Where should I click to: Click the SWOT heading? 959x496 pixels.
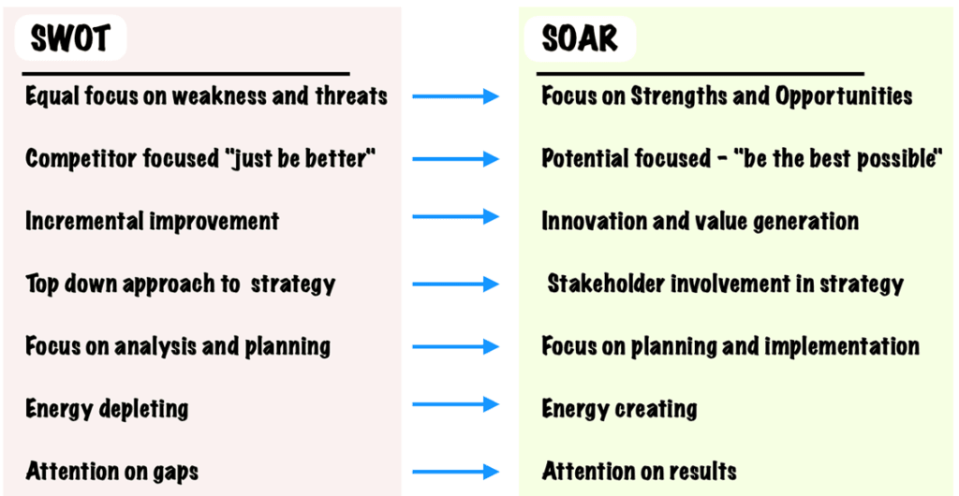[70, 38]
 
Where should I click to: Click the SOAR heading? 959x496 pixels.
[580, 38]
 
